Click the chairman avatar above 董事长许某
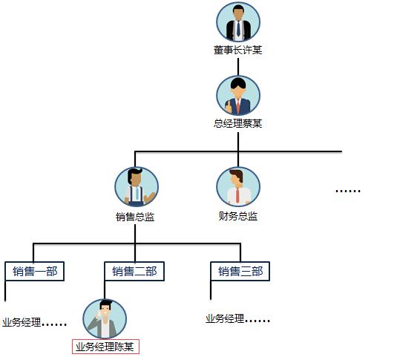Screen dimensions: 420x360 (238, 22)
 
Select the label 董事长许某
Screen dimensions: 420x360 (238, 50)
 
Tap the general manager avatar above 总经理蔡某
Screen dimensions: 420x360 (238, 96)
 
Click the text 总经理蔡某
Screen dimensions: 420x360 (238, 123)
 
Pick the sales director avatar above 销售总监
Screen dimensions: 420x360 (137, 187)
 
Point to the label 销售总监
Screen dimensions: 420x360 (135, 217)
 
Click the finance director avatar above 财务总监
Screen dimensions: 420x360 (238, 187)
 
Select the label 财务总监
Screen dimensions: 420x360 (238, 216)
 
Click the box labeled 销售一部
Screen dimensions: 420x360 (35, 272)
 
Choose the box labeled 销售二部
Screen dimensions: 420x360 (134, 272)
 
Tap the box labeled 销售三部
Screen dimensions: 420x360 (240, 272)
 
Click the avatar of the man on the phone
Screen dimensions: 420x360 (105, 319)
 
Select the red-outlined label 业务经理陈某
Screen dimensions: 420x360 (105, 347)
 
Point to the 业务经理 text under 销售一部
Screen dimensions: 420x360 (22, 322)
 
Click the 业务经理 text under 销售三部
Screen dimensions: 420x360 (225, 318)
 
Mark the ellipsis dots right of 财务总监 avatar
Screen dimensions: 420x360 (348, 191)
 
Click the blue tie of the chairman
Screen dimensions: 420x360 (238, 29)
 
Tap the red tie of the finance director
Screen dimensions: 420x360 (237, 195)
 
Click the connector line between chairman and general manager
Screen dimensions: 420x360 (238, 67)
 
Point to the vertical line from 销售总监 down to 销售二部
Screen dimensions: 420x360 (135, 243)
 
